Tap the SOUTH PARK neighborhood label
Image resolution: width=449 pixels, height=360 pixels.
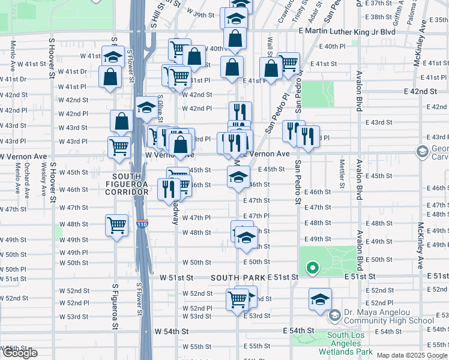pos(238,278)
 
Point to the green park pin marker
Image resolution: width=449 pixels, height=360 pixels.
pos(312,268)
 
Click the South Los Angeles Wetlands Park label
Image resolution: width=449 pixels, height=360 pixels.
pos(349,344)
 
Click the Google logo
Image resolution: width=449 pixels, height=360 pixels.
pos(20,353)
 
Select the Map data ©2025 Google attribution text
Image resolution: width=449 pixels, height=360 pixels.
pos(412,355)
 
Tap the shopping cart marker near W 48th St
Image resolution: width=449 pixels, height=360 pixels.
pos(116,226)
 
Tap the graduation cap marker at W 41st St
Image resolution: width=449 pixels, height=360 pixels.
pos(113,56)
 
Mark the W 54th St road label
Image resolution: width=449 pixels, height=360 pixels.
pos(172,331)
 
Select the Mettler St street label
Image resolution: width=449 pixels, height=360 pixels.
pos(342,172)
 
